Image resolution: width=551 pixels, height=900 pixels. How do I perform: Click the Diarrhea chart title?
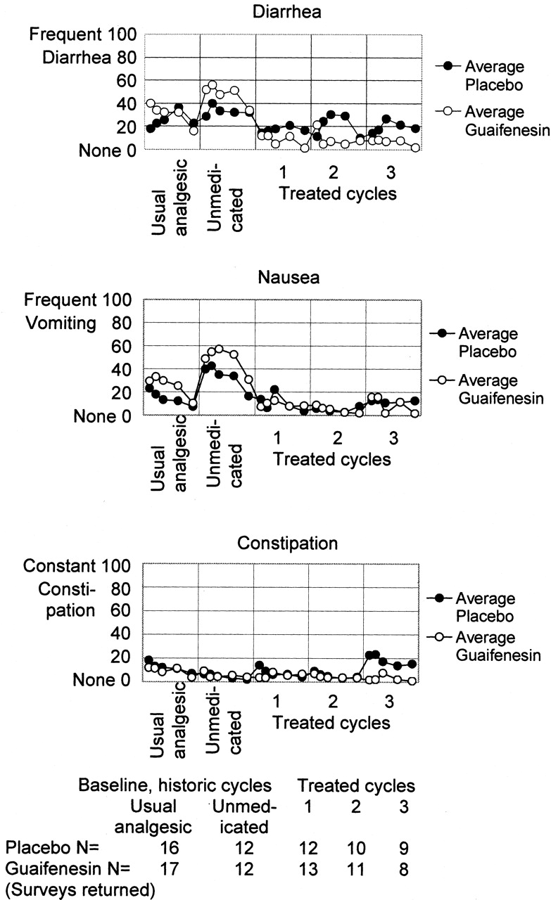point(287,12)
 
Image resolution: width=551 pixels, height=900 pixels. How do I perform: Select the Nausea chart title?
point(289,277)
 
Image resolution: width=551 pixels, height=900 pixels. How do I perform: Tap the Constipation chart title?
point(287,544)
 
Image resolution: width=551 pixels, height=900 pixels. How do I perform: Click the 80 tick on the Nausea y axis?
point(122,323)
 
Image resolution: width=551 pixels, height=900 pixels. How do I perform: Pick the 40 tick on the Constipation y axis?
point(120,634)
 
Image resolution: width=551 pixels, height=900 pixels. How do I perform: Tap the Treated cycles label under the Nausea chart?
point(332,459)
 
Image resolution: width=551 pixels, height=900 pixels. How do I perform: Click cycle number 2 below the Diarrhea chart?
point(333,172)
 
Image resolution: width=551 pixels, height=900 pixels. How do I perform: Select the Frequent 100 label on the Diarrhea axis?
point(83,34)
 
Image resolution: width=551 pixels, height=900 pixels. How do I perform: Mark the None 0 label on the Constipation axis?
point(101,680)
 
